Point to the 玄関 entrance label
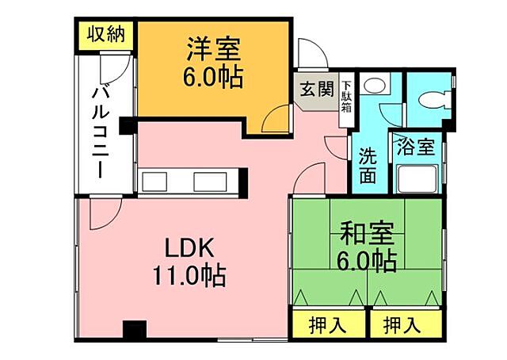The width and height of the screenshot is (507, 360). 316,89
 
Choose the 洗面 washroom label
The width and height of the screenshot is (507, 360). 367,165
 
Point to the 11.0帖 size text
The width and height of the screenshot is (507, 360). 189,276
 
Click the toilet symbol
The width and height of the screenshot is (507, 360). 431,99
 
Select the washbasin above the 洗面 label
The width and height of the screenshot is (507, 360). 375,83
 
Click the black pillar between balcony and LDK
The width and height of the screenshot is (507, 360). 127,124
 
